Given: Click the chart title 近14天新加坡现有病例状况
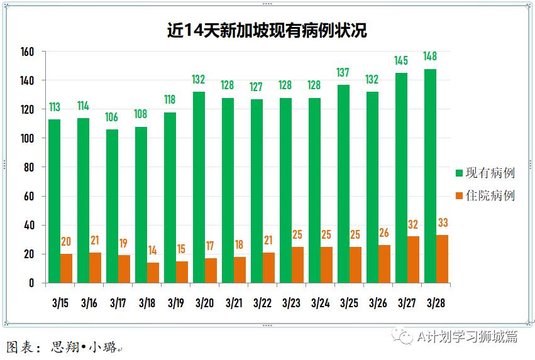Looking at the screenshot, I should [267, 30].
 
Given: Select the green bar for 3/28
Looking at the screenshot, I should [430, 176].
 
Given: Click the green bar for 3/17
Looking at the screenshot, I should [112, 206].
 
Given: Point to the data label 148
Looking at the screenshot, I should [430, 57].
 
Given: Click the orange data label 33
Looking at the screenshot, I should [442, 222].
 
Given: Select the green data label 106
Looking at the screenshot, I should [112, 117].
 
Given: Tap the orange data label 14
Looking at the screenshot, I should [152, 250].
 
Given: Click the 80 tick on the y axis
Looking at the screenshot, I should [29, 167].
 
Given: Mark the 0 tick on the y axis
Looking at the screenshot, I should [31, 283].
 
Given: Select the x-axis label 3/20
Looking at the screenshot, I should [204, 303].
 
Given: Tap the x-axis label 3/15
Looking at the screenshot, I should [60, 303].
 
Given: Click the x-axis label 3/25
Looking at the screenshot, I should [349, 303].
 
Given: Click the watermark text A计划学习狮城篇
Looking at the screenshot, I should [468, 337].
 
